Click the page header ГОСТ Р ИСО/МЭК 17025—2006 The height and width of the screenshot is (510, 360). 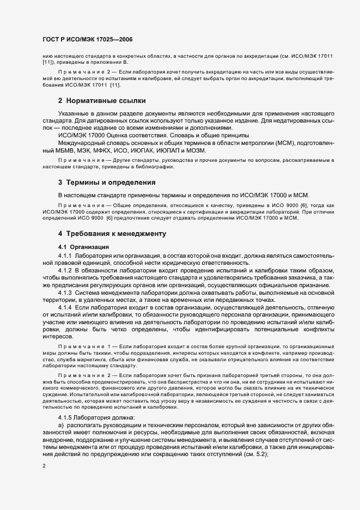click(87, 40)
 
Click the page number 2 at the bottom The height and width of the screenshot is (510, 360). click(44, 466)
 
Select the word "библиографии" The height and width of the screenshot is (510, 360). click(143, 166)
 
